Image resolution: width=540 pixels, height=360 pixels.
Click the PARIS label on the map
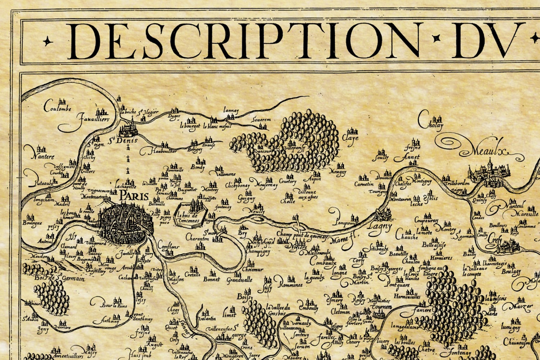pos(134,196)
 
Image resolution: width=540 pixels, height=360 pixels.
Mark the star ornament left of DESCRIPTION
pos(48,41)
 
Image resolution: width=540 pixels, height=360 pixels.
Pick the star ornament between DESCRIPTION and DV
pos(437,38)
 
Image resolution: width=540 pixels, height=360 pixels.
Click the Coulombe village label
pos(58,107)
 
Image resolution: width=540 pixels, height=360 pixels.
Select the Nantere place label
pos(42,156)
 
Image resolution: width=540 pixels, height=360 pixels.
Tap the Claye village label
pos(350,138)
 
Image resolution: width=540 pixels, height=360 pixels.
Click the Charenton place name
pos(197,238)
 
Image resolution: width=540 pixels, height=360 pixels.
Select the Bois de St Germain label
pos(60,278)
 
